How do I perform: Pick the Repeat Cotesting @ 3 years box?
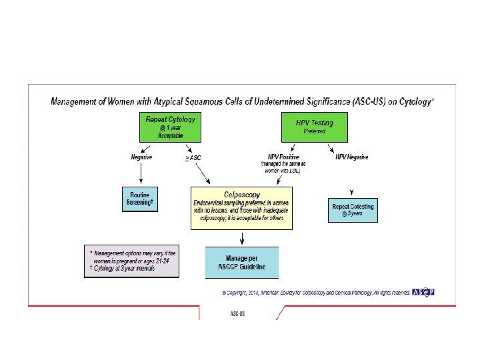pyautogui.click(x=353, y=209)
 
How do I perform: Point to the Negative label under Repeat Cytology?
pyautogui.click(x=141, y=157)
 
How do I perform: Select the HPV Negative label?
pyautogui.click(x=353, y=157)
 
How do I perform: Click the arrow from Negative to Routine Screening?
pyautogui.click(x=141, y=175)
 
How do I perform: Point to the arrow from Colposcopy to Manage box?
pyautogui.click(x=241, y=238)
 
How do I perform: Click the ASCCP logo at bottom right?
pyautogui.click(x=423, y=293)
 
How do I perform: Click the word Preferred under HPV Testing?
pyautogui.click(x=315, y=131)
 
